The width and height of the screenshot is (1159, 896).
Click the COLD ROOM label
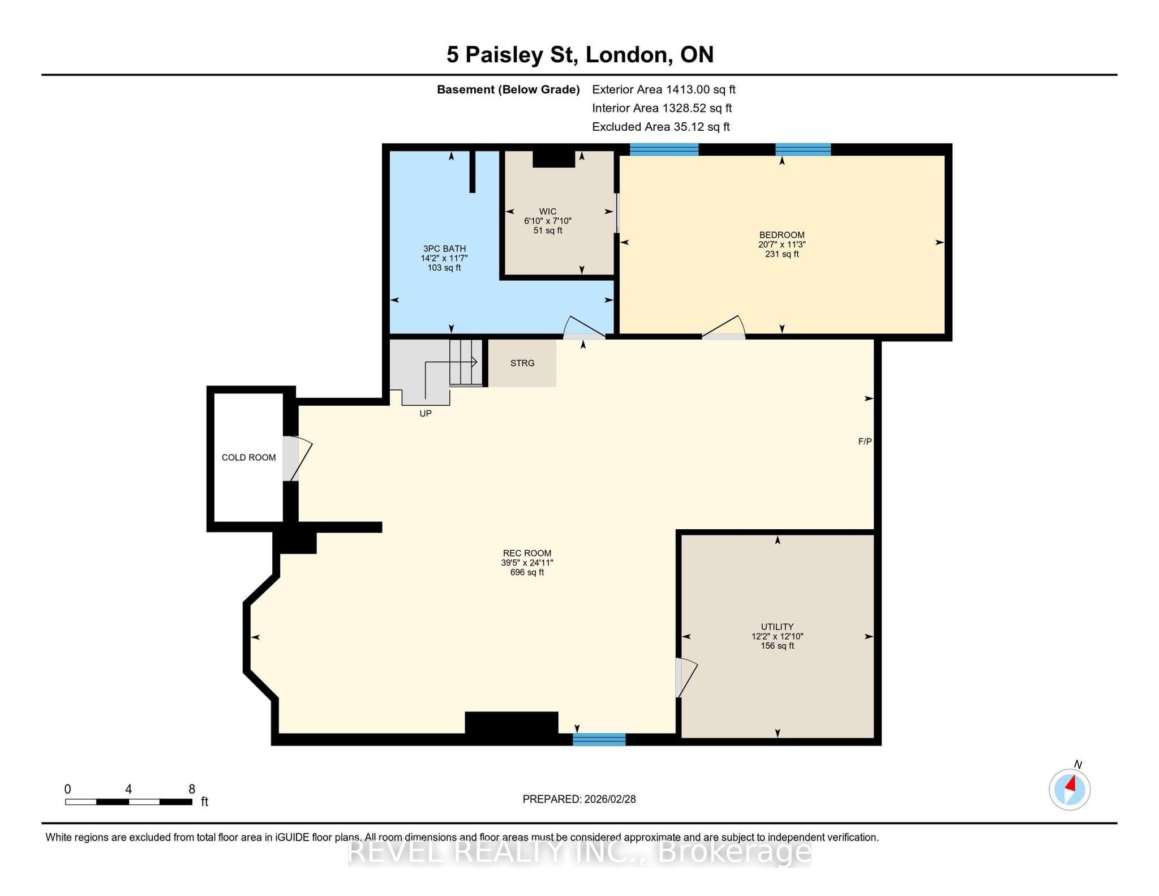[248, 457]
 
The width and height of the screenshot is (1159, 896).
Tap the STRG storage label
[522, 363]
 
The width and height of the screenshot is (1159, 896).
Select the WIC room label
[548, 212]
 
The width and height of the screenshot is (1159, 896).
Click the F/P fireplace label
[865, 441]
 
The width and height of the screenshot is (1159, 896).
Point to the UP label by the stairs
[426, 414]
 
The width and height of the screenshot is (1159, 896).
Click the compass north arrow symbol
[1070, 789]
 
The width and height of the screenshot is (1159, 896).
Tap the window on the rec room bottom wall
[599, 739]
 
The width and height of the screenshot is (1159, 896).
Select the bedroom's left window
[664, 149]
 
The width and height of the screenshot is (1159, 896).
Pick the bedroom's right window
[803, 149]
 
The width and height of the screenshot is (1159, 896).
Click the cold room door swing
[297, 458]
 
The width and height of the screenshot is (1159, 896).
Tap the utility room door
[686, 678]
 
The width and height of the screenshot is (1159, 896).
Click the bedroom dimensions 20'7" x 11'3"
[782, 245]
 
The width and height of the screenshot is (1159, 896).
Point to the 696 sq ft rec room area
[527, 572]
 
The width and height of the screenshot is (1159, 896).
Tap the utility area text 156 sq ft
[778, 646]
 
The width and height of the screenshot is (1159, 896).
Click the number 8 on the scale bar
[192, 789]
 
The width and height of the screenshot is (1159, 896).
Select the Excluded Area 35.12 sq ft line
[661, 127]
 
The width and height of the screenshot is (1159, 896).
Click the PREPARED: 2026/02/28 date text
[579, 799]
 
